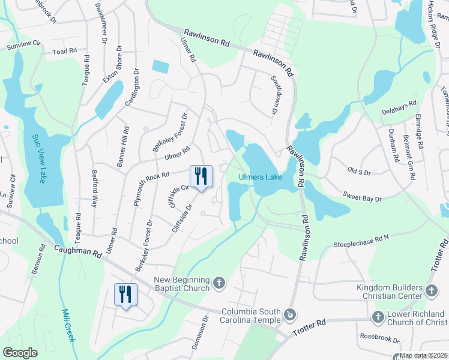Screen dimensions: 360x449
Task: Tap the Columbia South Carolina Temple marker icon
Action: [290, 314]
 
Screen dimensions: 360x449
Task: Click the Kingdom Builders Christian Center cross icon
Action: [431, 291]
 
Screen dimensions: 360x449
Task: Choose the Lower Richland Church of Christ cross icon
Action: [378, 316]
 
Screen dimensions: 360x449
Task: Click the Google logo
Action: [20, 353]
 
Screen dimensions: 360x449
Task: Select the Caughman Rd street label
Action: [78, 251]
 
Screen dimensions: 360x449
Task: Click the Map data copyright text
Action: [423, 355]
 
